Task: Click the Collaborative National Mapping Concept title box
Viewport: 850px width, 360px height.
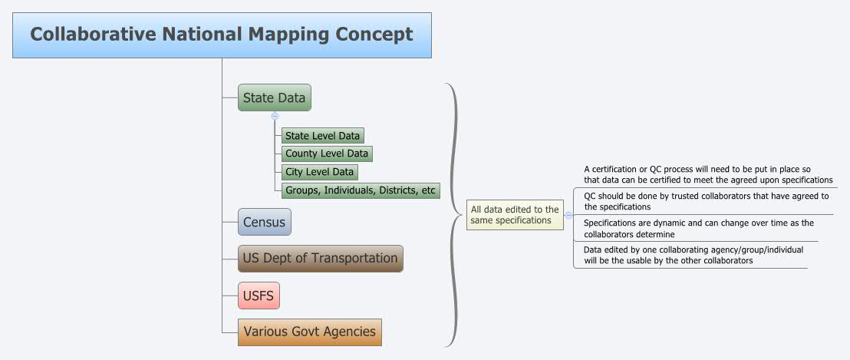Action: [x=222, y=35]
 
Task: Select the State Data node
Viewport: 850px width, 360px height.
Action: [x=274, y=97]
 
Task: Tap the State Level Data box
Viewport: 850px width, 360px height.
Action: [x=322, y=136]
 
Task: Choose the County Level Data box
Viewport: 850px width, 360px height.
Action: [x=327, y=154]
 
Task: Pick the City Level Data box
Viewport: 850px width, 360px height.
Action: [x=320, y=172]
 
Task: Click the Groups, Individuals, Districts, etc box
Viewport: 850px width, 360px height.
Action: [x=361, y=190]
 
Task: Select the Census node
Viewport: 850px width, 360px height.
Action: [x=264, y=223]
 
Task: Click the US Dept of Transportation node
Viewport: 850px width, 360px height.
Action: [x=320, y=258]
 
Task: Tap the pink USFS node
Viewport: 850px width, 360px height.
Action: [x=259, y=294]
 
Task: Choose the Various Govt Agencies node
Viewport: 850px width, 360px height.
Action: [x=309, y=332]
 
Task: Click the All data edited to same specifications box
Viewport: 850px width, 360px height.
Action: [x=515, y=215]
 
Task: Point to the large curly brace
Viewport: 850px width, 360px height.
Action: [x=455, y=215]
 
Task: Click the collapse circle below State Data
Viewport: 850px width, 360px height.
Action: [x=275, y=116]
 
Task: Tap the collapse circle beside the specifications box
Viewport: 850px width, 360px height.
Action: [x=568, y=216]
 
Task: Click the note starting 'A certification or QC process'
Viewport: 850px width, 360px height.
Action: [x=708, y=175]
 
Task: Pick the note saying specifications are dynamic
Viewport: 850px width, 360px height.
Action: [x=698, y=228]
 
